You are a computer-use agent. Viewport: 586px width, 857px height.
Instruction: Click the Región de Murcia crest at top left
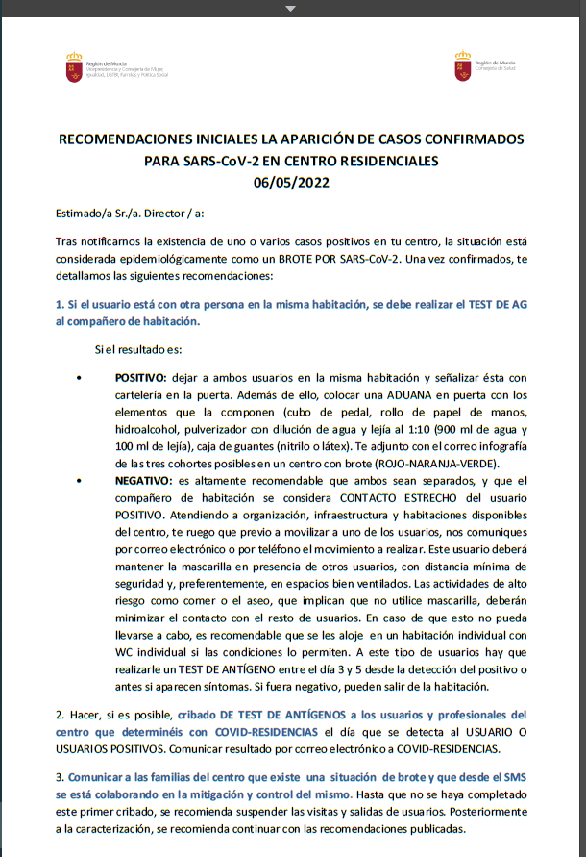pos(73,66)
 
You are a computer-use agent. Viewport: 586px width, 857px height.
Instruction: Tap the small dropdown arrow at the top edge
pos(292,7)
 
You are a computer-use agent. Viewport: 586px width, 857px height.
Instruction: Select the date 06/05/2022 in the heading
pos(292,180)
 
